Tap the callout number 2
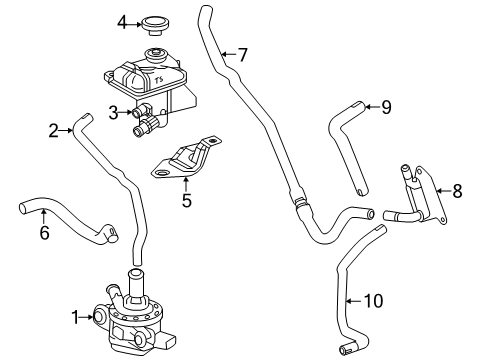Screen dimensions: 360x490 tap(53, 128)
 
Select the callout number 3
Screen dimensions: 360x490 tap(114, 112)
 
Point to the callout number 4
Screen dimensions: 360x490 tap(122, 21)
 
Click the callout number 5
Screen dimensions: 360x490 tap(185, 199)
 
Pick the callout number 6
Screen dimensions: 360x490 tap(44, 233)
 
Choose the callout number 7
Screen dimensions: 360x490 tap(242, 54)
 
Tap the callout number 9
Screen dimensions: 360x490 tap(385, 107)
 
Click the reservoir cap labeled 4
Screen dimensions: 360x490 tap(155, 21)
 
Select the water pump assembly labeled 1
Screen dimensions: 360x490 tap(130, 315)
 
